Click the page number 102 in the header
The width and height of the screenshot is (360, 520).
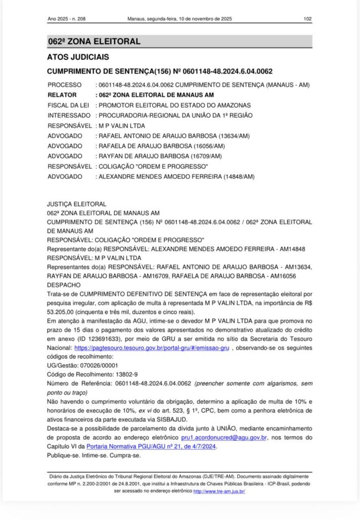pos(307,19)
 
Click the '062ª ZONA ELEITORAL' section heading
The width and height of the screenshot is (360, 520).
pos(94,42)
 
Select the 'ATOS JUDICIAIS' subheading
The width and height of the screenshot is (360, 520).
pos(78,57)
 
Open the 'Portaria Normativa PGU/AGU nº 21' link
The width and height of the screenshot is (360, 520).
pos(152,446)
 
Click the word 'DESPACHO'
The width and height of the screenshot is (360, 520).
pos(62,285)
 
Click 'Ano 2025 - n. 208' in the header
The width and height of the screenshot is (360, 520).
pos(67,19)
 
